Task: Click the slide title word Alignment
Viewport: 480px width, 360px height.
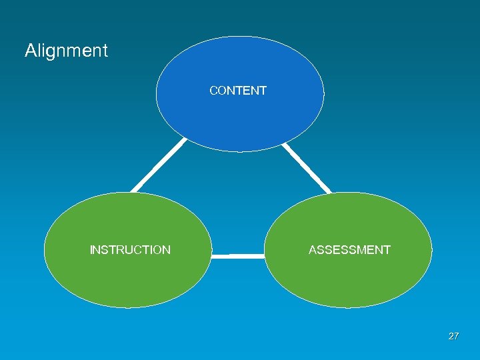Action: [x=66, y=51]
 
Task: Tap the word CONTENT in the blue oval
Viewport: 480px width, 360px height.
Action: [x=238, y=91]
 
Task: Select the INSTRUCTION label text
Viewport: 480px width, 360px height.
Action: [x=130, y=250]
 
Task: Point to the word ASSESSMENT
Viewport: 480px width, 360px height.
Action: [x=349, y=250]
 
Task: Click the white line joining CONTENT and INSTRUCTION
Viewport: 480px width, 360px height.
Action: [x=159, y=165]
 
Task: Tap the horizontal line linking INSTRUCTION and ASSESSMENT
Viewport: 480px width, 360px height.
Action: [x=238, y=255]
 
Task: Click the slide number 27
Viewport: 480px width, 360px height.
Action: [x=453, y=337]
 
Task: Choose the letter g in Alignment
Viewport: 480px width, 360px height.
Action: [x=52, y=53]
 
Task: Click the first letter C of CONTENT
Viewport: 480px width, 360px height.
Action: [x=213, y=91]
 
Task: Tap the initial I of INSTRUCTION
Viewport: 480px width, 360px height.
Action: [x=91, y=250]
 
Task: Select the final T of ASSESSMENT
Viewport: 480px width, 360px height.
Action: [x=387, y=250]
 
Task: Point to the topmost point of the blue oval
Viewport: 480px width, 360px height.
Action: [x=240, y=37]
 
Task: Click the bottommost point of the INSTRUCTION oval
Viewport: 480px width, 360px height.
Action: [x=128, y=307]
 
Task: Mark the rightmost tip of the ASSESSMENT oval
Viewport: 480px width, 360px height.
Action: [x=431, y=250]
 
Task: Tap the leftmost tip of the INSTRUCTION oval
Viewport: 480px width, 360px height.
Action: [x=45, y=250]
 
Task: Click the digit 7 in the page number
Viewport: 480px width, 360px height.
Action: [x=456, y=337]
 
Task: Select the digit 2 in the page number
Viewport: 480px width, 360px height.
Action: [x=451, y=337]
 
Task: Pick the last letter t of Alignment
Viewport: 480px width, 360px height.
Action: [x=105, y=51]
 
